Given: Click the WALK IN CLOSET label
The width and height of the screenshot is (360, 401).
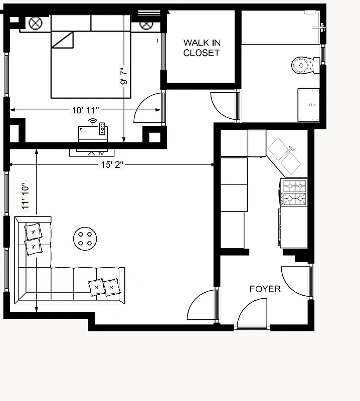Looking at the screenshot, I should (201, 48).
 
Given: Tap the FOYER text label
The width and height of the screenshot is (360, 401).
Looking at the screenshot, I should (265, 289).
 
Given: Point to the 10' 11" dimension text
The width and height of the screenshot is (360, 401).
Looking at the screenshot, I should (85, 109).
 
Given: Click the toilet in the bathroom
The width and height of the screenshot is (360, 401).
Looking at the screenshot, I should (305, 64).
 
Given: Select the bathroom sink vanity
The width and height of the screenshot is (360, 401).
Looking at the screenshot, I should (308, 105).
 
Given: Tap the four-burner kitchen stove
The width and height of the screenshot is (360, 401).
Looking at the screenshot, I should (294, 192).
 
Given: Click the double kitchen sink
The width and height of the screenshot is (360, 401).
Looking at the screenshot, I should (284, 155).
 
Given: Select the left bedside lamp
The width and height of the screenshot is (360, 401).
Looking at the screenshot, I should (35, 23).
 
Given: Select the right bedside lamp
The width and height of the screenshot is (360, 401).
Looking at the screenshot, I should (145, 24).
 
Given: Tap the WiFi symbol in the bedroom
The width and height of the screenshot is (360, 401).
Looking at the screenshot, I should (92, 121).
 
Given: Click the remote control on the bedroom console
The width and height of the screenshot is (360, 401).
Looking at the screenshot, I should (102, 129).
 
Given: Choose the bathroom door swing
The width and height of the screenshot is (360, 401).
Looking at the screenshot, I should (223, 106).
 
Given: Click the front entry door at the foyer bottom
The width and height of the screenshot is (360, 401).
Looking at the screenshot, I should (252, 313).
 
